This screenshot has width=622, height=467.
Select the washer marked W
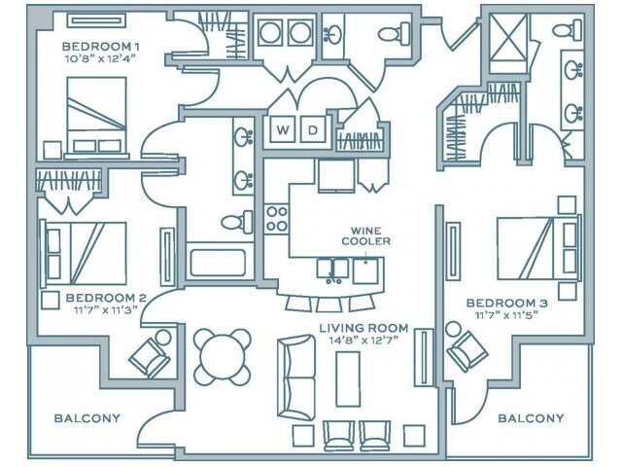[x=284, y=130]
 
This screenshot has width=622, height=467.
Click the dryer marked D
[x=313, y=130]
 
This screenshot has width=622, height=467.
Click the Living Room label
[x=363, y=328]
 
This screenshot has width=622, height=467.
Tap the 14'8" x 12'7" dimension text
[x=363, y=341]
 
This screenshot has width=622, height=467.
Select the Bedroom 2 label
[x=106, y=298]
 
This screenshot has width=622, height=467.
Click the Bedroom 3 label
[x=506, y=302]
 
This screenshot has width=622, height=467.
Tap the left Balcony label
[x=87, y=418]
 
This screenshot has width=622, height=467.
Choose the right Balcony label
[x=531, y=418]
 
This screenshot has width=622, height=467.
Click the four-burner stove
[x=277, y=218]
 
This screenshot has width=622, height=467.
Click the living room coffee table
[x=348, y=377]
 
